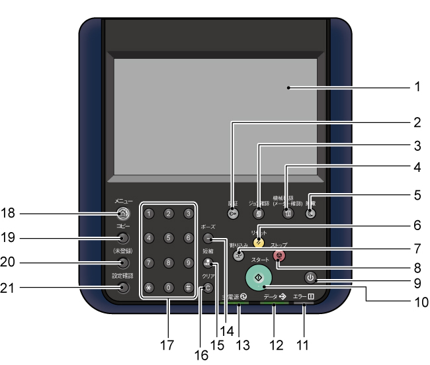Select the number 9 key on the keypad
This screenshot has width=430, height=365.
pyautogui.click(x=189, y=263)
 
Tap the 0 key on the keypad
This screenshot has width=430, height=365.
pyautogui.click(x=169, y=288)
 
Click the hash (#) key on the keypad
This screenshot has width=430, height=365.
pyautogui.click(x=189, y=288)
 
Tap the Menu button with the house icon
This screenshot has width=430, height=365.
pyautogui.click(x=122, y=214)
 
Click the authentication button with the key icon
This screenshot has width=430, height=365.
pyautogui.click(x=232, y=214)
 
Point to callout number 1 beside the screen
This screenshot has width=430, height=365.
pyautogui.click(x=417, y=86)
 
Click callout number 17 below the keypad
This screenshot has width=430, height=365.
pyautogui.click(x=167, y=344)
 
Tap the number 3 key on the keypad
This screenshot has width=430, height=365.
pyautogui.click(x=189, y=214)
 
